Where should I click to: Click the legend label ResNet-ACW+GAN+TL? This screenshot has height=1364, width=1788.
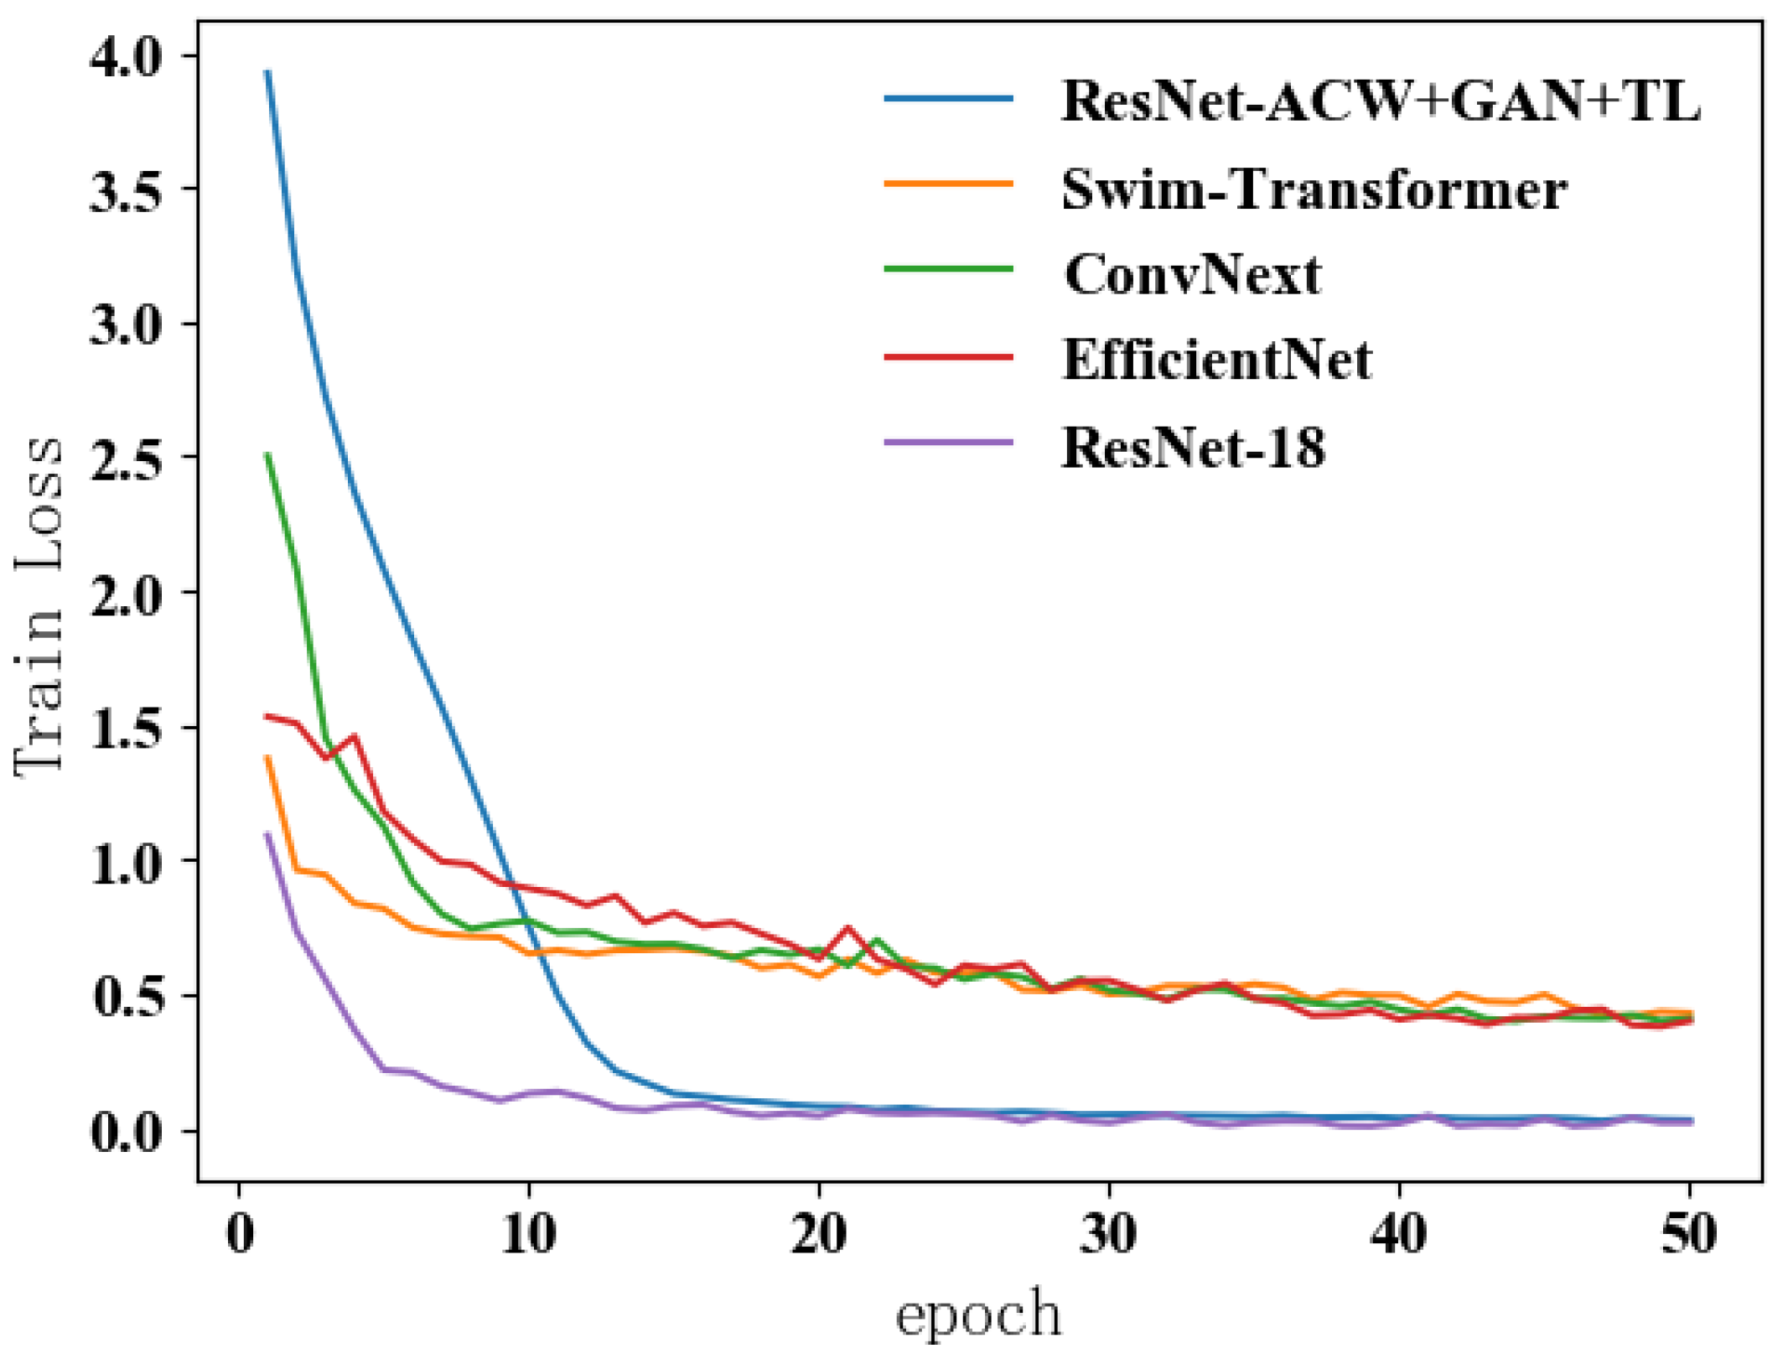coord(1380,101)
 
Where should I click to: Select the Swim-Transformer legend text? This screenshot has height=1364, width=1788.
coord(1314,189)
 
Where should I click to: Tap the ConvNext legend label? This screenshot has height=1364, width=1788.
coord(1192,275)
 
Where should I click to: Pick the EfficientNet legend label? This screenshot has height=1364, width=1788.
coord(1216,360)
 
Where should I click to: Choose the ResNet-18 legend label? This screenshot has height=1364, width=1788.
coord(1193,448)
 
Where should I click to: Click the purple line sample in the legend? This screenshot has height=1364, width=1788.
coord(948,443)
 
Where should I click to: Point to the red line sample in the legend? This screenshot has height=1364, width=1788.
coord(948,357)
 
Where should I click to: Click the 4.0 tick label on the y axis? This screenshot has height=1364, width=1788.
coord(125,57)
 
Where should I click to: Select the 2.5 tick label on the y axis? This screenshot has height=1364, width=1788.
coord(125,459)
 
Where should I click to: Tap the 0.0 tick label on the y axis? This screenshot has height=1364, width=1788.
coord(125,1131)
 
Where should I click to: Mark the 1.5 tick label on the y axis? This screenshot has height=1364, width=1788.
coord(125,728)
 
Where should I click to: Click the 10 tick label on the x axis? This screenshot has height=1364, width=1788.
coord(529,1234)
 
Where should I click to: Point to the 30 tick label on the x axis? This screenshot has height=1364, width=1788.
coord(1108,1234)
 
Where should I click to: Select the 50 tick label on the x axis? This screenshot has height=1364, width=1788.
coord(1688,1234)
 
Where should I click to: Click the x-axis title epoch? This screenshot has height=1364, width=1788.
coord(978,1314)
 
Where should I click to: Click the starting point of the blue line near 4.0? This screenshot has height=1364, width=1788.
coord(267,72)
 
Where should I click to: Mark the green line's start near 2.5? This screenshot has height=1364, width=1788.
coord(267,454)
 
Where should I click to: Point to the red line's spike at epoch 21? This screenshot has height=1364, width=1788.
coord(847,928)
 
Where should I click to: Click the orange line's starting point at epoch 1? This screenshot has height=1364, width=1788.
coord(267,757)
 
